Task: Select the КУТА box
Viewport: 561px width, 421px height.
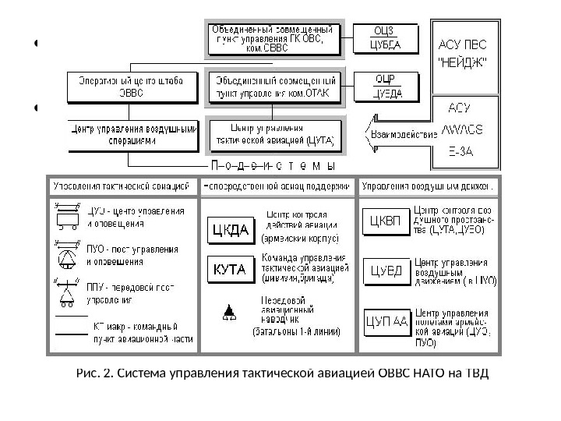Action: click(x=230, y=270)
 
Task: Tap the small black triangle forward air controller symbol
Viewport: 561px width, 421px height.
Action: click(x=228, y=313)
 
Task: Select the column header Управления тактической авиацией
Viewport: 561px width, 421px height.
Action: click(x=121, y=187)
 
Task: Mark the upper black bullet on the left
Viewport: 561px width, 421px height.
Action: click(x=36, y=44)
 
